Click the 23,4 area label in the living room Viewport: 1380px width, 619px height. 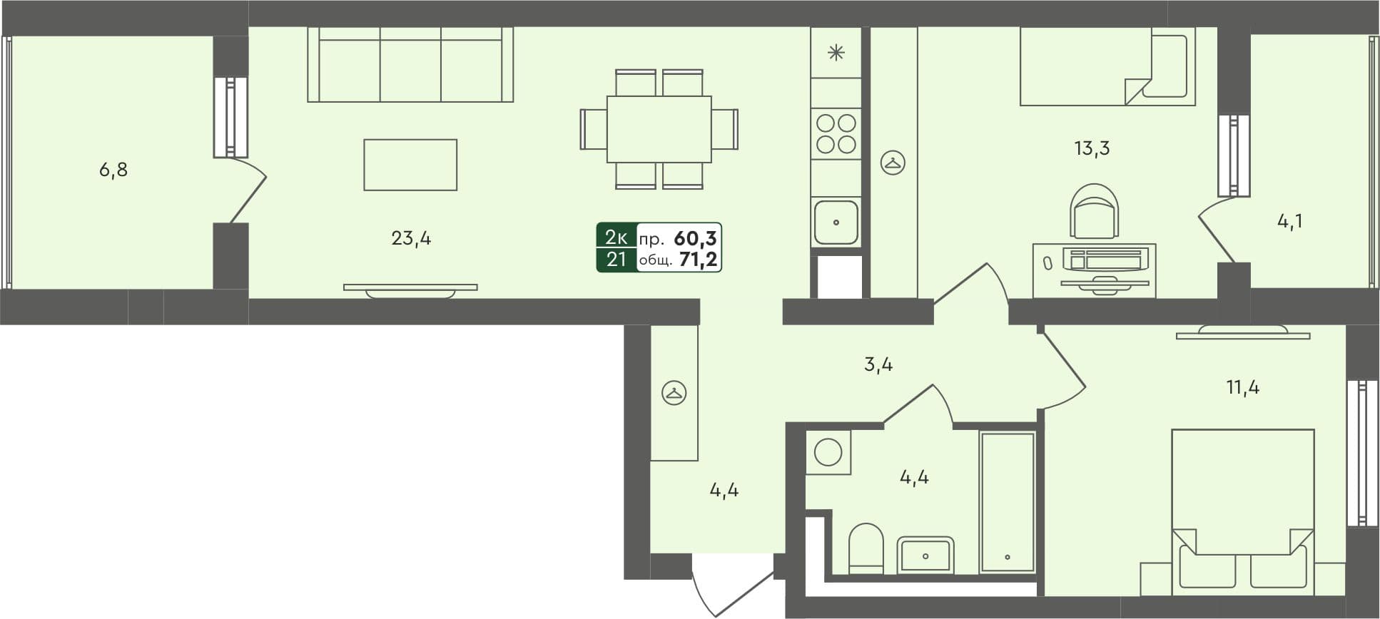[411, 238]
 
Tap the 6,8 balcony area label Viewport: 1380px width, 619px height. [113, 170]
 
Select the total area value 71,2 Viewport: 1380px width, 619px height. [698, 260]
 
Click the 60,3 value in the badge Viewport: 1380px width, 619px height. [695, 237]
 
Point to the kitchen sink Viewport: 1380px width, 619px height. [836, 222]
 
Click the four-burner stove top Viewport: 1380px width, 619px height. [836, 134]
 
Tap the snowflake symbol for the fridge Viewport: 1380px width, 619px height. [836, 52]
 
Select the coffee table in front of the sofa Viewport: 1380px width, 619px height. [410, 165]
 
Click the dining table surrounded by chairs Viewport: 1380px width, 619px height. [659, 129]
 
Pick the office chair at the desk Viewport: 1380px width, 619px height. [1094, 211]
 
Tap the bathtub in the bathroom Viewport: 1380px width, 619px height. [1008, 501]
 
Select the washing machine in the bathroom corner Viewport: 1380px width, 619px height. [828, 452]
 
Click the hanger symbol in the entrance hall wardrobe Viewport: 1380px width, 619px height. [674, 393]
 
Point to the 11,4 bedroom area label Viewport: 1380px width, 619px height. [1242, 388]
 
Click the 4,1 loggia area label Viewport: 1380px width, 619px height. [1289, 222]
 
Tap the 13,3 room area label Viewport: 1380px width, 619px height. [1092, 148]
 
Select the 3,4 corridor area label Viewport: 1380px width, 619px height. [878, 364]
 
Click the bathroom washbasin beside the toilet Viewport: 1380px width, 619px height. [925, 555]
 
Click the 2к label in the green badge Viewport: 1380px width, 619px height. [616, 237]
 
